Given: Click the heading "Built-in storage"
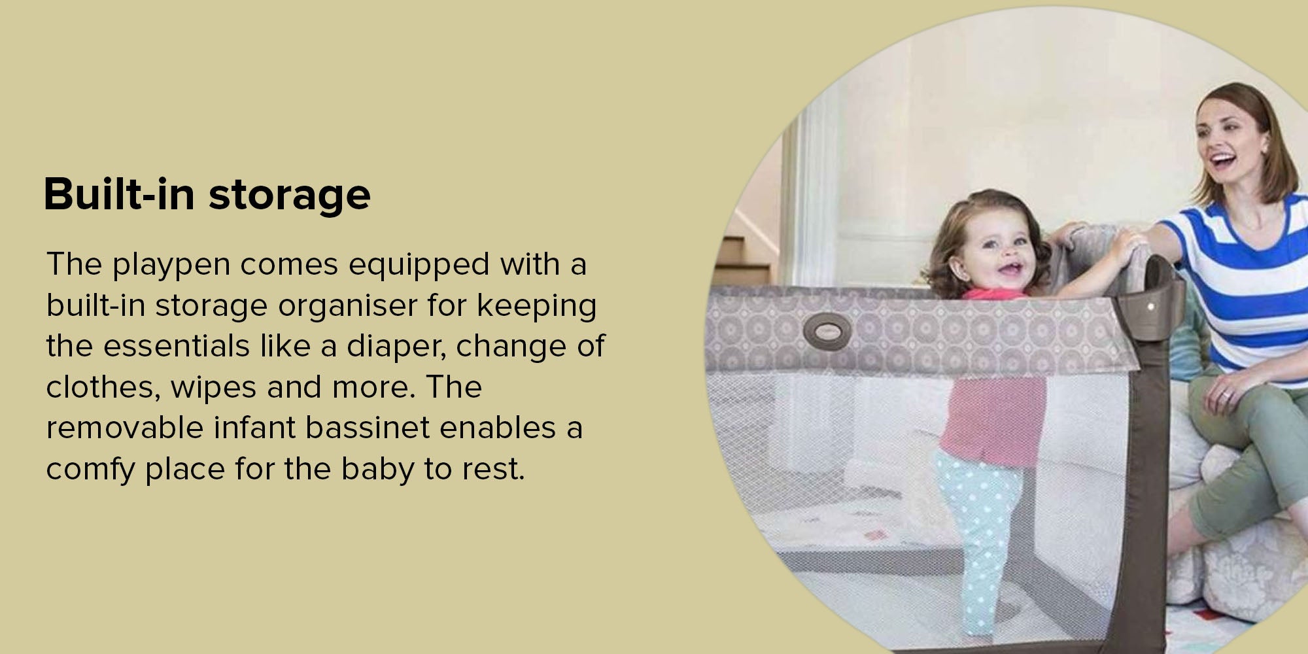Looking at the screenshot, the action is (x=207, y=194).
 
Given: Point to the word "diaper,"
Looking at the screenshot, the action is (x=396, y=347).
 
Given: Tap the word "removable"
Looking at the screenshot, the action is (x=125, y=428).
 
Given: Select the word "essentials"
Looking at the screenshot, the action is (x=177, y=347).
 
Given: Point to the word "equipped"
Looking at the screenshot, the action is (x=419, y=266).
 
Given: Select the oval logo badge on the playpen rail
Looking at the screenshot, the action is (x=827, y=330).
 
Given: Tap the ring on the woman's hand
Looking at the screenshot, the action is (x=1226, y=395).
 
